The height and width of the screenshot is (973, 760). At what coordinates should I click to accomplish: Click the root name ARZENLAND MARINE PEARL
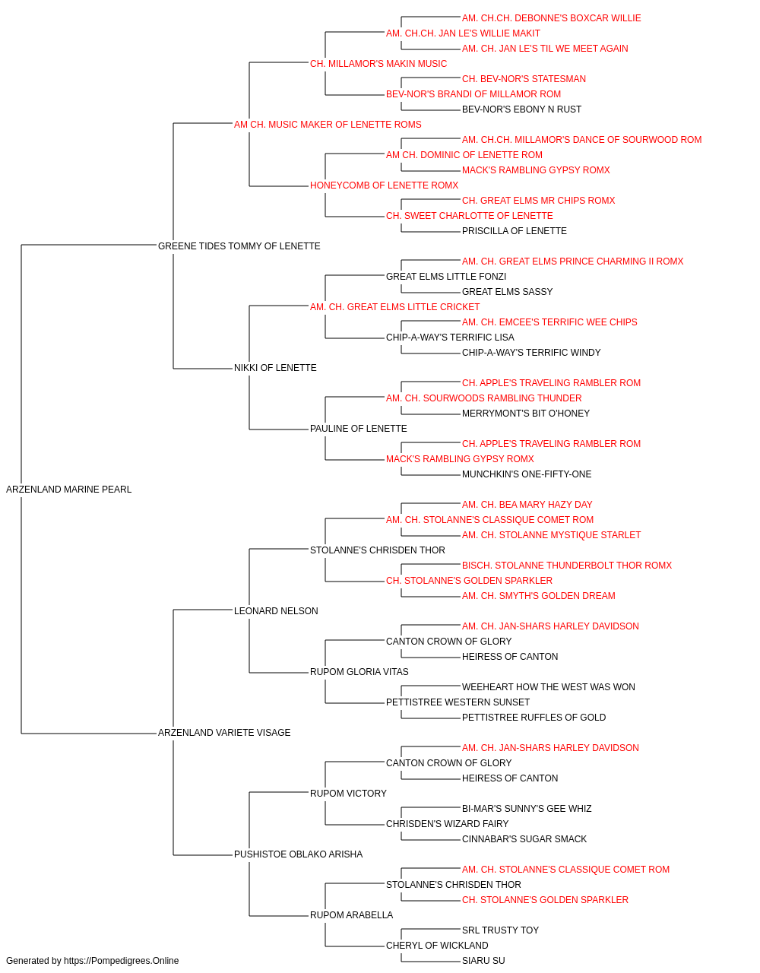pos(68,490)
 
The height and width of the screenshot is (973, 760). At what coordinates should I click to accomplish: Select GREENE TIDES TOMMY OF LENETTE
pos(239,246)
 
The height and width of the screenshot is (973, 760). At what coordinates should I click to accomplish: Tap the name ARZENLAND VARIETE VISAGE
pos(224,733)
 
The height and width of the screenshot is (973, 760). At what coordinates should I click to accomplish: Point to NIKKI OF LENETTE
pos(275,368)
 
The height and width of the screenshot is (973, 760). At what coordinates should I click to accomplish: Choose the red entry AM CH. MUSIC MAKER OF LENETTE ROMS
pos(328,125)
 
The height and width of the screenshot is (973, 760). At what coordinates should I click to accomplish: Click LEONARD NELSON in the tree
pos(276,610)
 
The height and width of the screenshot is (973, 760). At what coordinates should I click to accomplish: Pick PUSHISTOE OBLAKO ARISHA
pos(298,854)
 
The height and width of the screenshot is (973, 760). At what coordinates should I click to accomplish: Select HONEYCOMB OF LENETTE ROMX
pos(384,185)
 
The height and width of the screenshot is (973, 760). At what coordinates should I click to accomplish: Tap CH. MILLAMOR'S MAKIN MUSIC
pos(378,64)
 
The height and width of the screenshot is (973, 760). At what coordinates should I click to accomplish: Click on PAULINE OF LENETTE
pos(359,429)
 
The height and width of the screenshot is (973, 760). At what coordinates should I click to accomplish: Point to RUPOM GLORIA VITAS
pos(359,672)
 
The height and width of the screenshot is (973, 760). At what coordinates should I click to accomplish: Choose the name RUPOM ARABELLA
pos(351,914)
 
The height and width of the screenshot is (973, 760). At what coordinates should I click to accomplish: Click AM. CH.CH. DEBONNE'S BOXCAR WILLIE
pos(552,18)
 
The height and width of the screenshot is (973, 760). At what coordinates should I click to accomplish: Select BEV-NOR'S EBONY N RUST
pos(521,109)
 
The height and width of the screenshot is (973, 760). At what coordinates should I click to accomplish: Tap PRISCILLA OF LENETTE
pos(515,231)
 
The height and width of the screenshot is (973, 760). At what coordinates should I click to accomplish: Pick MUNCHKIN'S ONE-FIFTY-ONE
pos(527,474)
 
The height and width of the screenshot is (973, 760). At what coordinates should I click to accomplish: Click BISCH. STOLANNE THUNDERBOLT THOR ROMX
pos(567,566)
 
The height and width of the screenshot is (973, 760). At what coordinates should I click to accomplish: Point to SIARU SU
pos(483,961)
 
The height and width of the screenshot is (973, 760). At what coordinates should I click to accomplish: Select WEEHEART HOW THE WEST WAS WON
pos(548,687)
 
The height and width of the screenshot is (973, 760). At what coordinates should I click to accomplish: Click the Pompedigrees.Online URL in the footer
pos(121,961)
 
